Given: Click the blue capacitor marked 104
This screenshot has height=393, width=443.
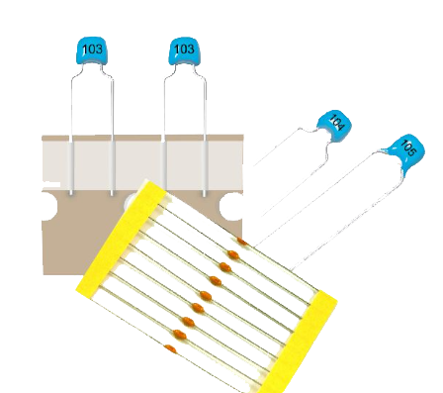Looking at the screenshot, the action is [x=334, y=126].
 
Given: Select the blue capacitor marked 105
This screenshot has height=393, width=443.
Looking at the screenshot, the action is [x=406, y=151].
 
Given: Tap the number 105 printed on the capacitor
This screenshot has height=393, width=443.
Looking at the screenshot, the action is [x=409, y=147].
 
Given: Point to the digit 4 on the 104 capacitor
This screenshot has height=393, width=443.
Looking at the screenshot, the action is [x=340, y=128].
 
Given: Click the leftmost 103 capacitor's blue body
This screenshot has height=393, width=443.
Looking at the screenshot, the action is [x=92, y=50].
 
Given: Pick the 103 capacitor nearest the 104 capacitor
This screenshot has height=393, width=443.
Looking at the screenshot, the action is [x=185, y=50].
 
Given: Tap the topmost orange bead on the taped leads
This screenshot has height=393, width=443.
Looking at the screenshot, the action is [x=242, y=242].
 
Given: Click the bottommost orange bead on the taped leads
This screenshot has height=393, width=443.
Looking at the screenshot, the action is [x=170, y=348].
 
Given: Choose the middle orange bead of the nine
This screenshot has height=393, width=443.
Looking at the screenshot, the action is [x=206, y=295].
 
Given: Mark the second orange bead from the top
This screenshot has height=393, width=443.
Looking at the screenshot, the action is [x=233, y=254].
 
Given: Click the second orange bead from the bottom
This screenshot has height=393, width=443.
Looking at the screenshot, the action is [x=180, y=335].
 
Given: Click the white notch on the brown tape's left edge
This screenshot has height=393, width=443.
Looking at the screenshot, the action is [x=49, y=206].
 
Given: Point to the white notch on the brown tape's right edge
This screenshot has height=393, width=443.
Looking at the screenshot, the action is [x=232, y=207].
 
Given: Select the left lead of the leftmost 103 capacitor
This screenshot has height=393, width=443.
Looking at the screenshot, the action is [x=71, y=132].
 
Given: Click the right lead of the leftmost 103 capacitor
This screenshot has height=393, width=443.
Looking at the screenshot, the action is [x=112, y=132].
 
